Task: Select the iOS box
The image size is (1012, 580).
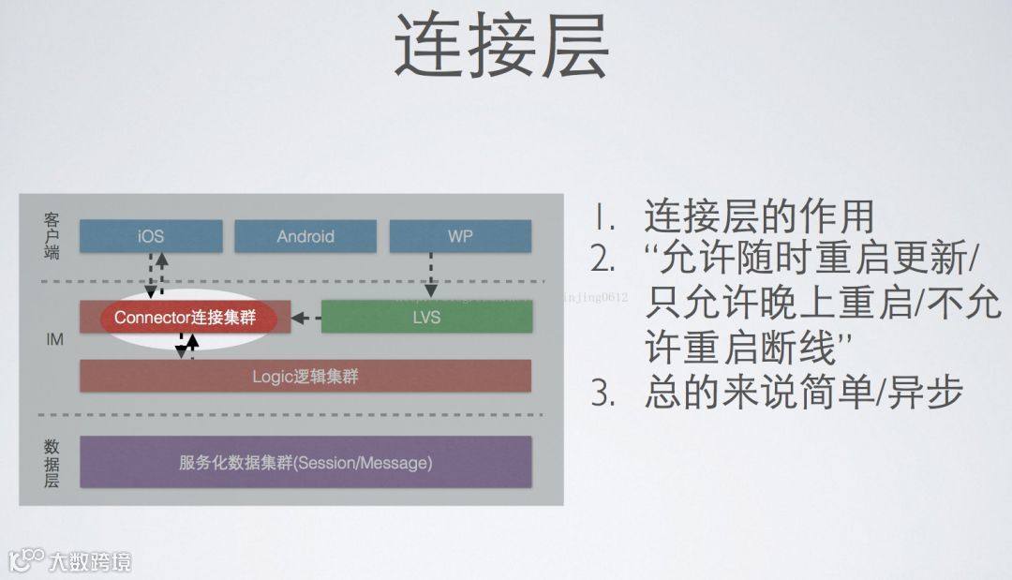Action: [151, 236]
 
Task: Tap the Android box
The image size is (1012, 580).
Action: [305, 236]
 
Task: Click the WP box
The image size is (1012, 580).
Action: [460, 236]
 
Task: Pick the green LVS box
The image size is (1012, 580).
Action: [426, 317]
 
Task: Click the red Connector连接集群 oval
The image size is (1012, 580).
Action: [196, 318]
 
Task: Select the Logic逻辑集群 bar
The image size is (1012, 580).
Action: [305, 377]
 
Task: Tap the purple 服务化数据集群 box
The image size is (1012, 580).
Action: [305, 462]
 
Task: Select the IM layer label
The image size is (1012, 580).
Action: [54, 339]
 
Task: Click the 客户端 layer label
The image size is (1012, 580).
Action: [52, 235]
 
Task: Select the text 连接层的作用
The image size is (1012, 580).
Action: [759, 217]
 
